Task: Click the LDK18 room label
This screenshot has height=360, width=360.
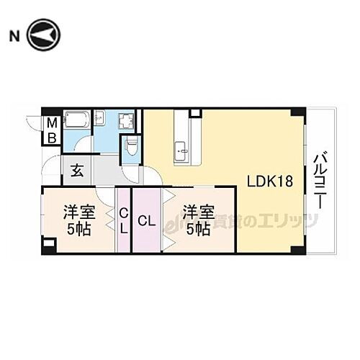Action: [271, 181]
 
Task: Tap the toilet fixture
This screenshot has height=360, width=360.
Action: [130, 148]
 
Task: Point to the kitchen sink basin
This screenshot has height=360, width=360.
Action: [181, 150]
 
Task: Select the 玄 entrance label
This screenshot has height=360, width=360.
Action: [76, 171]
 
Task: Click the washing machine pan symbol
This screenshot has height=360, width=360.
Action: [127, 122]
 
